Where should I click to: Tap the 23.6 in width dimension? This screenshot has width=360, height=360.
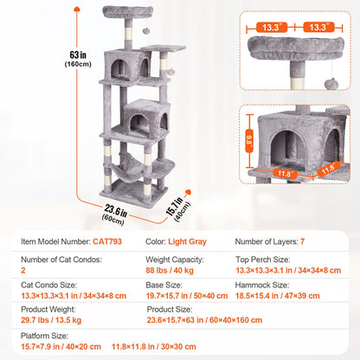coord(105,208)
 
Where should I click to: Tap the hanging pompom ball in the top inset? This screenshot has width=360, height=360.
coord(332,82)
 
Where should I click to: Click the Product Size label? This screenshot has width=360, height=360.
coord(170,308)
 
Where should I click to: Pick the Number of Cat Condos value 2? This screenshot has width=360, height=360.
coord(24,269)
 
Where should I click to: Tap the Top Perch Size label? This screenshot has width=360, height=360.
coord(265,258)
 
